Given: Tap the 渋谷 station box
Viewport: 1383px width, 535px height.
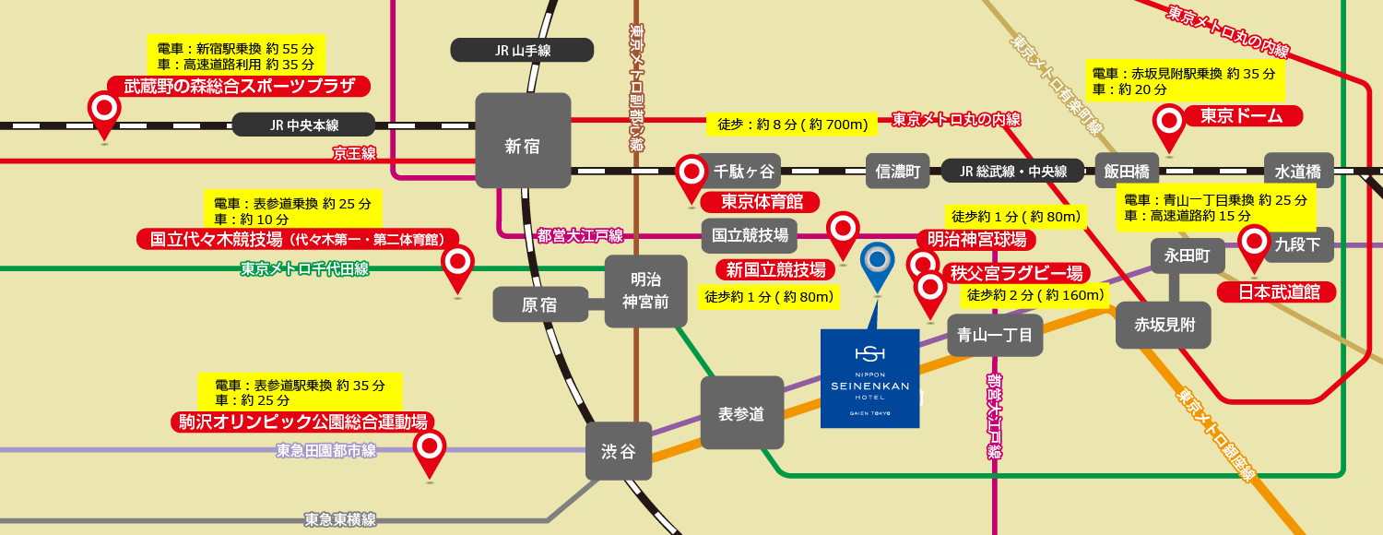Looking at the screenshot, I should click(619, 451).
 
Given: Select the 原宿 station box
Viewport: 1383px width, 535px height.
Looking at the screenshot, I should click(540, 304).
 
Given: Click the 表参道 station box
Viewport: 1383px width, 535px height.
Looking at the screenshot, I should click(741, 412).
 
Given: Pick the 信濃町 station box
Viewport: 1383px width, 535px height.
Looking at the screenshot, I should click(899, 171).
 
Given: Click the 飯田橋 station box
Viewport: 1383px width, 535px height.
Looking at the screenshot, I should click(1126, 171).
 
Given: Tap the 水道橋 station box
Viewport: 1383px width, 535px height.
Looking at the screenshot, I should click(1298, 171).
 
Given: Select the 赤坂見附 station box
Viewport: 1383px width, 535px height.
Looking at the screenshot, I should click(1163, 325).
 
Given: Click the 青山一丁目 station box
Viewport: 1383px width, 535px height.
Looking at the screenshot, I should click(995, 335).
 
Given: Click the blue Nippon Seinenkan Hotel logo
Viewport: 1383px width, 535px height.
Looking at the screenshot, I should click(869, 378).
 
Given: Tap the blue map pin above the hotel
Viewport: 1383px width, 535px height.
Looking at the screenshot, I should click(877, 262).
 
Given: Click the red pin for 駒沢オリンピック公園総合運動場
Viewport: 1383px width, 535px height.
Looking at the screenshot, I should click(429, 448).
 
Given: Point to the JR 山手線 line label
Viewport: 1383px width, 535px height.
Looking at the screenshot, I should click(522, 50).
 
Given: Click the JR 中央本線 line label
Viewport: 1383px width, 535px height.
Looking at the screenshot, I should click(304, 125).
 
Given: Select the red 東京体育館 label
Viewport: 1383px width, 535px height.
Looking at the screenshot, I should click(760, 202).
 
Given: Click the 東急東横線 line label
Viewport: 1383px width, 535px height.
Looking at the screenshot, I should click(340, 519).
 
